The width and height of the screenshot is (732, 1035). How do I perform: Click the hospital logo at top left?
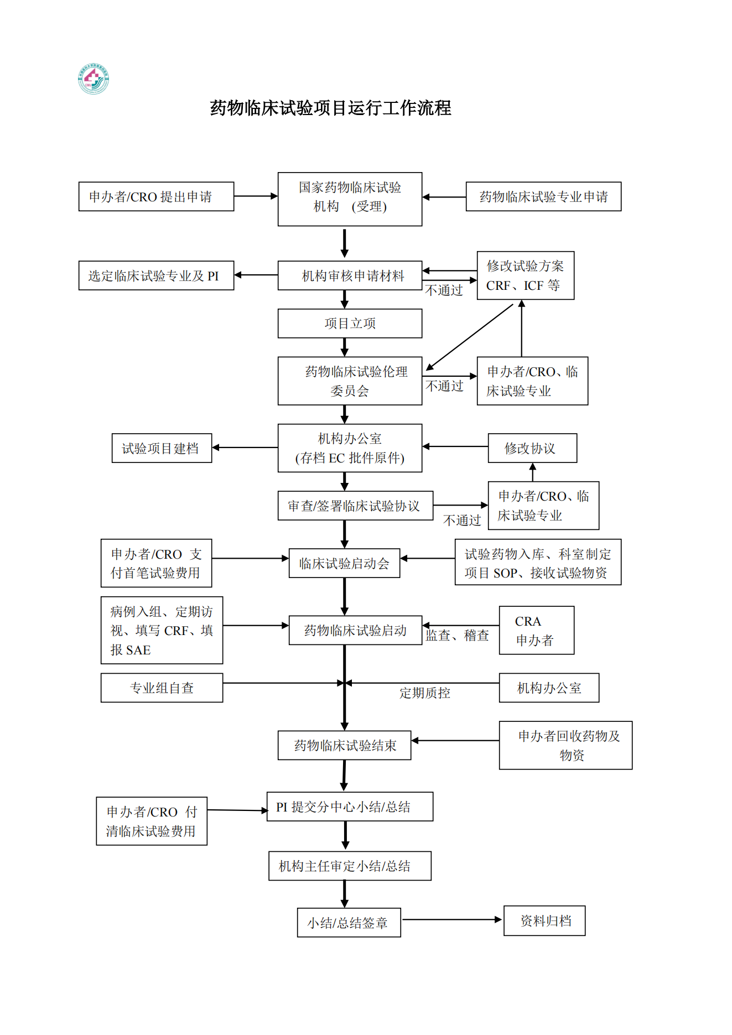click(94, 79)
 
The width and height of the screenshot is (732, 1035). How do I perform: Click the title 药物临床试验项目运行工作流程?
click(330, 107)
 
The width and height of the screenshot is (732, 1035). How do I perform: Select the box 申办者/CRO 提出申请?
click(156, 196)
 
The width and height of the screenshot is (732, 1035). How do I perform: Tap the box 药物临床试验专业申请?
click(543, 196)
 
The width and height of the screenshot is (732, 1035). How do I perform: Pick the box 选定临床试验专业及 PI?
click(156, 275)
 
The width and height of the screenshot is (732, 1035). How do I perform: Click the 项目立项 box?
click(350, 323)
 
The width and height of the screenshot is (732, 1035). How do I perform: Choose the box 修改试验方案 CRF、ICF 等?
click(526, 275)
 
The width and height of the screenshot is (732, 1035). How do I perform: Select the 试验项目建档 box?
click(162, 448)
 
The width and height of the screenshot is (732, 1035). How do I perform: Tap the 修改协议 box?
click(532, 448)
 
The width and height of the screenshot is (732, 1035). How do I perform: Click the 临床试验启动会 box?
click(344, 563)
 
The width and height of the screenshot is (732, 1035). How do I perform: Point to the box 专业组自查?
click(162, 688)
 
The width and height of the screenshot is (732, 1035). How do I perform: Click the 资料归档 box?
click(544, 920)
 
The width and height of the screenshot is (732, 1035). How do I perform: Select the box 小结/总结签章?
click(349, 922)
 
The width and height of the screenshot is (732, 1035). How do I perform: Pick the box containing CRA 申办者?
click(537, 630)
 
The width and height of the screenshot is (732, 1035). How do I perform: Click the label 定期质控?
click(425, 693)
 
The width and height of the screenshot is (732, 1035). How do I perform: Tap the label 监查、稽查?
click(458, 635)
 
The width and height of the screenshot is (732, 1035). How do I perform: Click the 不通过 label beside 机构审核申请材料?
click(444, 290)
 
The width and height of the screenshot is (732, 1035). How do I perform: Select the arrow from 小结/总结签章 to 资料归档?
click(451, 919)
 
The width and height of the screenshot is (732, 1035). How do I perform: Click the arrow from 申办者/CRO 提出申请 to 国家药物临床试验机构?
click(256, 196)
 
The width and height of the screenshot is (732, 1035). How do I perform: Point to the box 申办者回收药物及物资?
click(565, 745)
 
